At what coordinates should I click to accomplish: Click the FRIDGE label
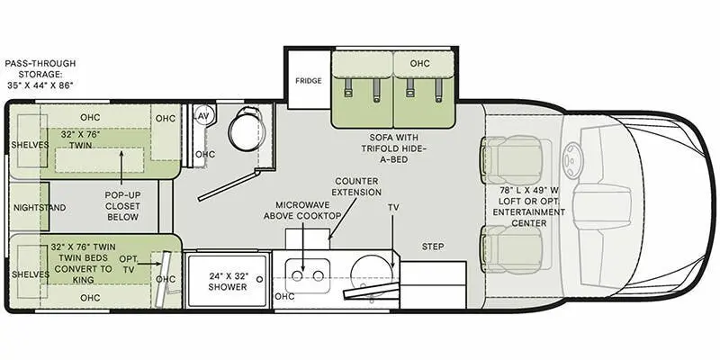click(x=308, y=81)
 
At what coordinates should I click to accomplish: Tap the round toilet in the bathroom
click(x=246, y=129)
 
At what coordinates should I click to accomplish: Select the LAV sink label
click(x=202, y=116)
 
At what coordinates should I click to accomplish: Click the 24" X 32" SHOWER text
click(x=228, y=282)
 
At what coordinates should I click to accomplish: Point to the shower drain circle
click(x=260, y=279)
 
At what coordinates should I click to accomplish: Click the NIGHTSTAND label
click(x=40, y=208)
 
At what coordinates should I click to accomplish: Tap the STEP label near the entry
click(x=433, y=247)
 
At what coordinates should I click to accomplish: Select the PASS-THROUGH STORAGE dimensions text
click(x=40, y=74)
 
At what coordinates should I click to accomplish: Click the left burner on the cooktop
click(x=297, y=275)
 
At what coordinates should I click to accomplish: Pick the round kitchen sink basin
click(x=372, y=275)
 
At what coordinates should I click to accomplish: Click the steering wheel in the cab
click(x=574, y=161)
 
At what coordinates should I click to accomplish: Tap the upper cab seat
click(x=516, y=159)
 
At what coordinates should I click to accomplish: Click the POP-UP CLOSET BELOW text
click(x=122, y=206)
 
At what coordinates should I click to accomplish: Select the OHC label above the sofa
click(x=419, y=63)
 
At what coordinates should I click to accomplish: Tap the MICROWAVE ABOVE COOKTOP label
click(x=302, y=210)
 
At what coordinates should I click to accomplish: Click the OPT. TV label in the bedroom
click(x=129, y=264)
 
